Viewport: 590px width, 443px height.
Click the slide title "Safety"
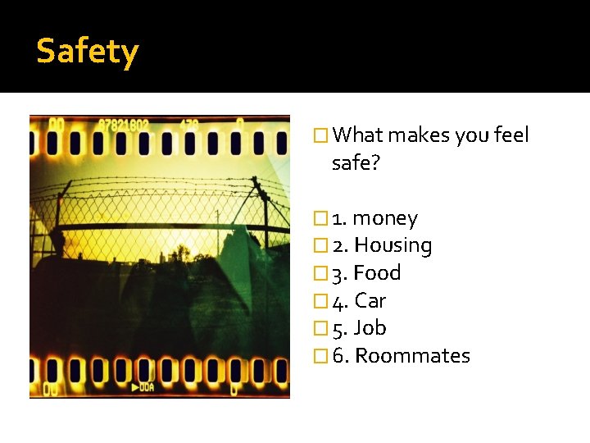(x=88, y=51)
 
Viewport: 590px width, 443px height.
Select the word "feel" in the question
(x=512, y=135)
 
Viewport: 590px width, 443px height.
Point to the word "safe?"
(x=356, y=162)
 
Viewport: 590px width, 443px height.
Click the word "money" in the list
(x=385, y=218)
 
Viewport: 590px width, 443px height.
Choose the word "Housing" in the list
(x=393, y=245)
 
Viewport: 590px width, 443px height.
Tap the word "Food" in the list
(x=377, y=272)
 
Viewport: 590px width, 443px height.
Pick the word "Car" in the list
(x=370, y=300)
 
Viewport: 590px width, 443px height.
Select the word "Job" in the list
(x=370, y=327)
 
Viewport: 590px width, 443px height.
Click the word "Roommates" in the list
(x=412, y=355)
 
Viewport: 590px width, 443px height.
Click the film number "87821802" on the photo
(x=123, y=125)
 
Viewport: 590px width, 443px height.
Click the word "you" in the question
(x=471, y=135)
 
